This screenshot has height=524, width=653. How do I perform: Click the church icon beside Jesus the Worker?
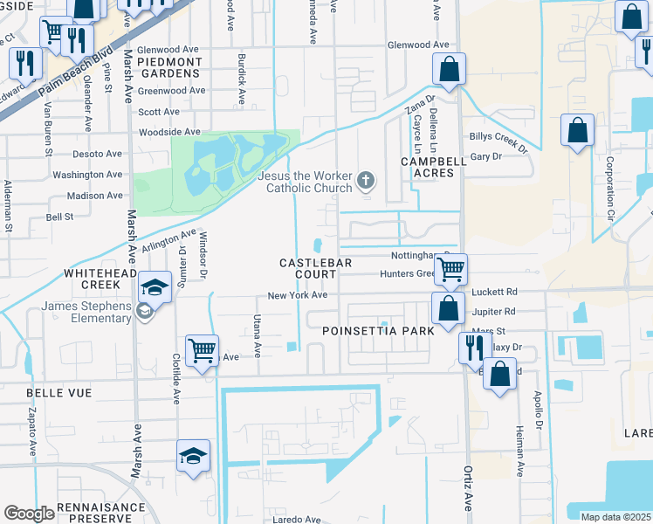click(x=367, y=182)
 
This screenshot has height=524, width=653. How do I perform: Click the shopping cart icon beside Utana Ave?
click(x=203, y=350)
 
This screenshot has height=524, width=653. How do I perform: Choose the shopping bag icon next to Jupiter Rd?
click(x=448, y=307)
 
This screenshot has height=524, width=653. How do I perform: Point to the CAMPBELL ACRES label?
click(x=428, y=168)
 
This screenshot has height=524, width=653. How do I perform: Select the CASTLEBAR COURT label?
click(x=307, y=268)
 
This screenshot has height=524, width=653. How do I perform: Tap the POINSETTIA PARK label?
click(x=378, y=332)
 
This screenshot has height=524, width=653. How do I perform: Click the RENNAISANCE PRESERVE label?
click(x=101, y=513)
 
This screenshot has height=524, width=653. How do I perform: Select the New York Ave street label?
click(x=297, y=295)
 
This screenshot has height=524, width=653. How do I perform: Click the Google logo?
click(x=29, y=514)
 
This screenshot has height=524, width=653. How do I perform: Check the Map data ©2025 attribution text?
click(x=615, y=517)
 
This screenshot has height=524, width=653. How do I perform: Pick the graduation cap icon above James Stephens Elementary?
click(x=155, y=287)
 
